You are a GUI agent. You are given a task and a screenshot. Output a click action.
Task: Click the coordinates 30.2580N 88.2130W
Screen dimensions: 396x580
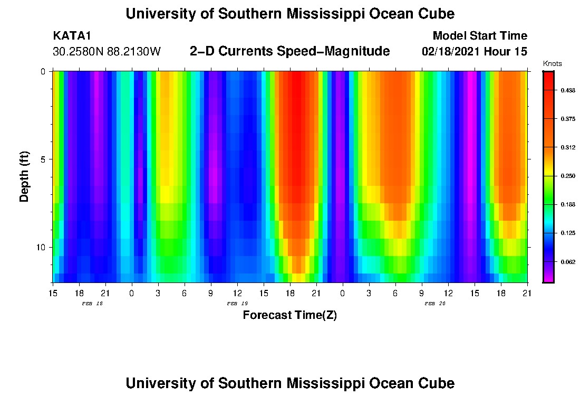pos(107,52)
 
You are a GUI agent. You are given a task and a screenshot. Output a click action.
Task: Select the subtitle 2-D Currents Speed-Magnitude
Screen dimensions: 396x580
pos(289,51)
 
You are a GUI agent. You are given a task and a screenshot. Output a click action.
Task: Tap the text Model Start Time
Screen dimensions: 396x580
pos(479,36)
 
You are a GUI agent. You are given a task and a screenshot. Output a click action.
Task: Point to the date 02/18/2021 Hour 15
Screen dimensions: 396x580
pos(475,52)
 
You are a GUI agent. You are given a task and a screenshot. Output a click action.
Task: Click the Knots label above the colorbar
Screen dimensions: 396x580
pos(552,64)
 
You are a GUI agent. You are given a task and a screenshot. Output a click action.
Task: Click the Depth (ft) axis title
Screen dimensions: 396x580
pos(24,177)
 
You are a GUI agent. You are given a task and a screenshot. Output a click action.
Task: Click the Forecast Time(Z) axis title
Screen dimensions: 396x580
pos(289,315)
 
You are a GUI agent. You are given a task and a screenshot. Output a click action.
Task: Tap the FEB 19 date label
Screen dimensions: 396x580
pos(237,304)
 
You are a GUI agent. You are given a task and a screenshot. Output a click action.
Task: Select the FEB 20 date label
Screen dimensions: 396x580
pos(435,304)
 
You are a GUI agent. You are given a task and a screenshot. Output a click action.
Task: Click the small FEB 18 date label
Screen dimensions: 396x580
pos(92,304)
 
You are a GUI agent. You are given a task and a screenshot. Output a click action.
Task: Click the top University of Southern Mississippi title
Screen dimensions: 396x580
pos(289,14)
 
